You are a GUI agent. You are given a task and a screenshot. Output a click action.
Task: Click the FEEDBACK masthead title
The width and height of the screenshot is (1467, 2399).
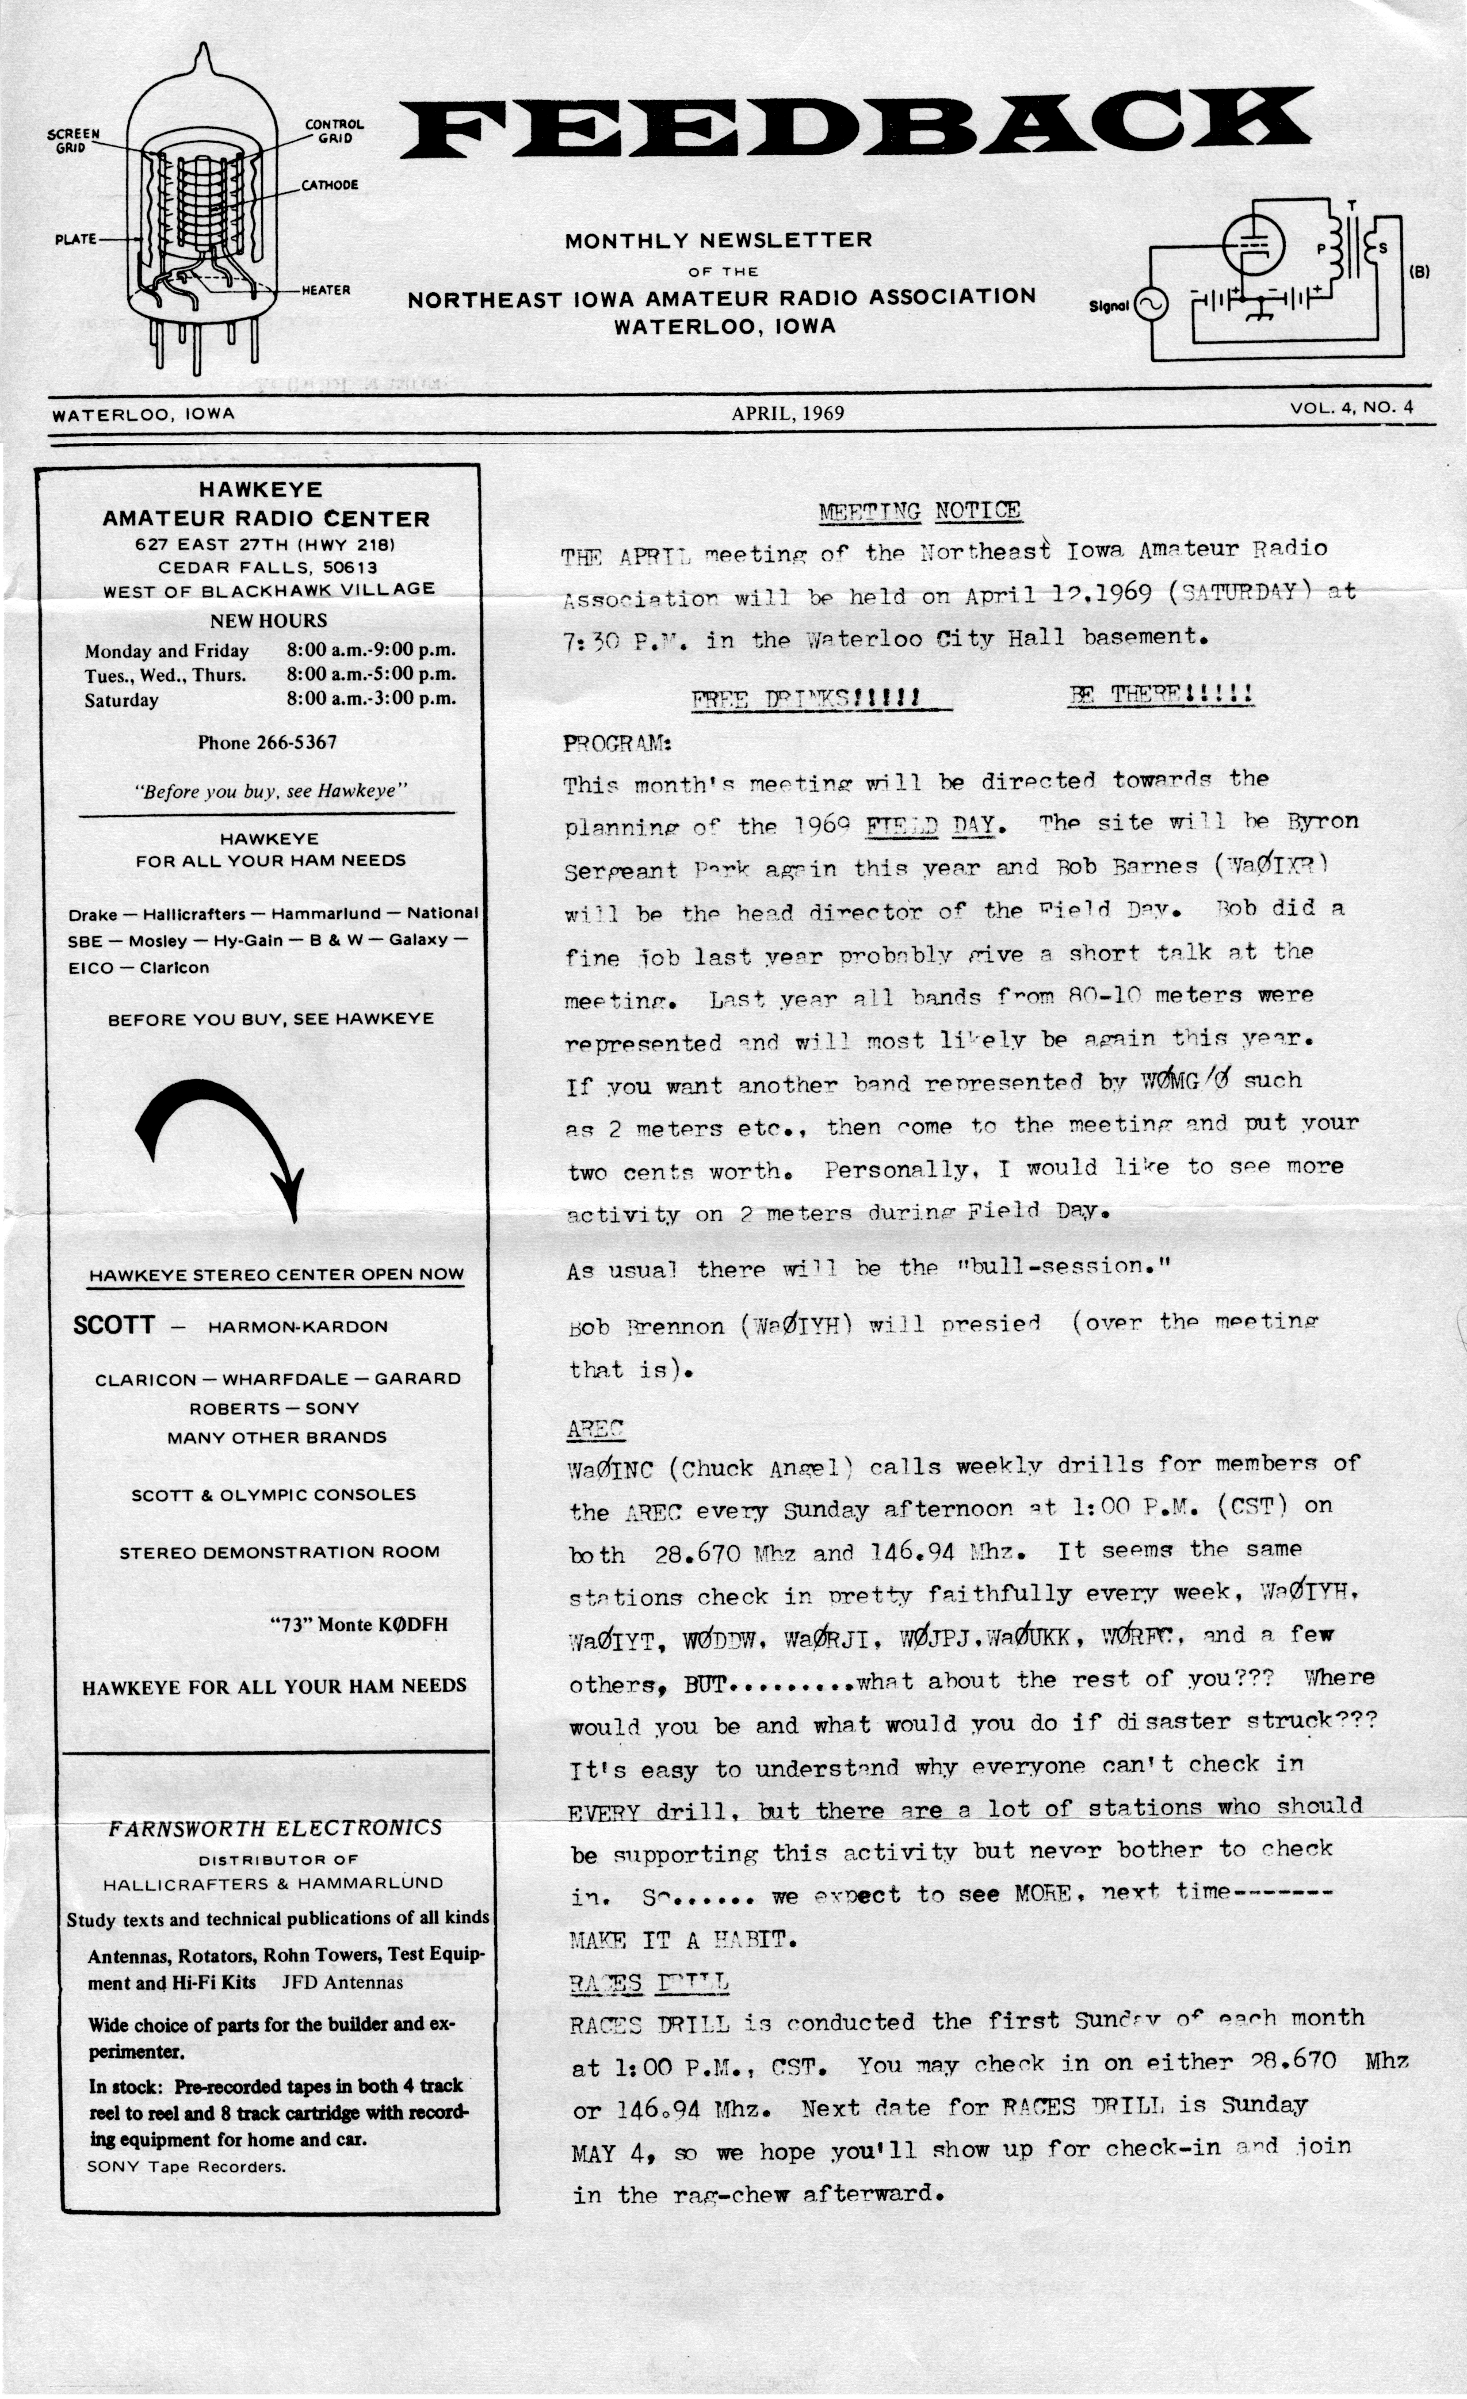pos(855,124)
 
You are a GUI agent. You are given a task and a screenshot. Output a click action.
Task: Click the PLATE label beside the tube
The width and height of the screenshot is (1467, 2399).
pos(76,239)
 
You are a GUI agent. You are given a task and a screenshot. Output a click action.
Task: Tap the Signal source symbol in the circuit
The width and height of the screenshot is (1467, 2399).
pos(1149,305)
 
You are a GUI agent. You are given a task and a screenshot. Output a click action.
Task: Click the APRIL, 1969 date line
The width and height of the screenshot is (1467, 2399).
pos(788,413)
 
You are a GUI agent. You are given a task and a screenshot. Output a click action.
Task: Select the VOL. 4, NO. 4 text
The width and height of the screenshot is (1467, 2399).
pos(1351,408)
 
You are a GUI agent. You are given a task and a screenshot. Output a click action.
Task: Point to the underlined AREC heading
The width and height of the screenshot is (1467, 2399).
pos(595,1429)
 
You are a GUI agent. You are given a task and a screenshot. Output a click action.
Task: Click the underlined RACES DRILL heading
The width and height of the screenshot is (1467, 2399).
pos(648,1982)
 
